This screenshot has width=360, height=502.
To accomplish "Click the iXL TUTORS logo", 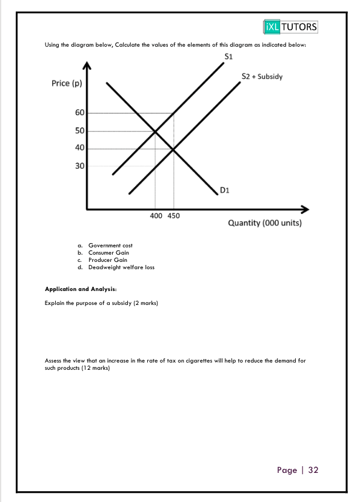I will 292,27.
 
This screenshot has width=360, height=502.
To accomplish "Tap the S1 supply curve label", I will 228,57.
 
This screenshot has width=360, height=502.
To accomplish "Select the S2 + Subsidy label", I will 262,77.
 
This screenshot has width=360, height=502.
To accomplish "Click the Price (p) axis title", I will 67,83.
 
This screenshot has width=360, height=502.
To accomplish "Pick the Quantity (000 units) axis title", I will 264,223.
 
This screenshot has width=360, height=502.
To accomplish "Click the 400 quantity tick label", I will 156,216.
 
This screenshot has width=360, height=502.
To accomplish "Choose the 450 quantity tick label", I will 173,216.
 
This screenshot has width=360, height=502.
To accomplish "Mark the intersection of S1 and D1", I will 155,131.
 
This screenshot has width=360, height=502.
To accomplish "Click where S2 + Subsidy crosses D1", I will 173,149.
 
